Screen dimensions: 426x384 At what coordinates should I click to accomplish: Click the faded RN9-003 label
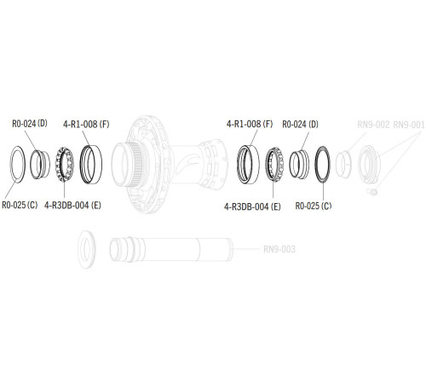coord(279,249)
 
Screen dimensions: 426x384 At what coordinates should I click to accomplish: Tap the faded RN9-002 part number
coord(373,125)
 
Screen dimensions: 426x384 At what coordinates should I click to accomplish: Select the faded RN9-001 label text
coord(409,125)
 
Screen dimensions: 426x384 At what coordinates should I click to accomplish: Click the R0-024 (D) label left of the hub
coord(30,124)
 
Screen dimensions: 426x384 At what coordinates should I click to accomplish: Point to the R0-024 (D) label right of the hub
coord(300,125)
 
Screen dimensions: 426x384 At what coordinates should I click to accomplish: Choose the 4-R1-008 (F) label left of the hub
coord(86,125)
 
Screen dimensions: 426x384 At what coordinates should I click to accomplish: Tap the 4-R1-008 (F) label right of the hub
coord(250,124)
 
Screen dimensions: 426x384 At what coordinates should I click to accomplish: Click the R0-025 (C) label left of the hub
coord(20,205)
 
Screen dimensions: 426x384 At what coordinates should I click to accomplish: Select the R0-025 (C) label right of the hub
coord(314,206)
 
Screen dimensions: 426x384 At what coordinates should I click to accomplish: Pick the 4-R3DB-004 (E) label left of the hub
coord(72,206)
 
